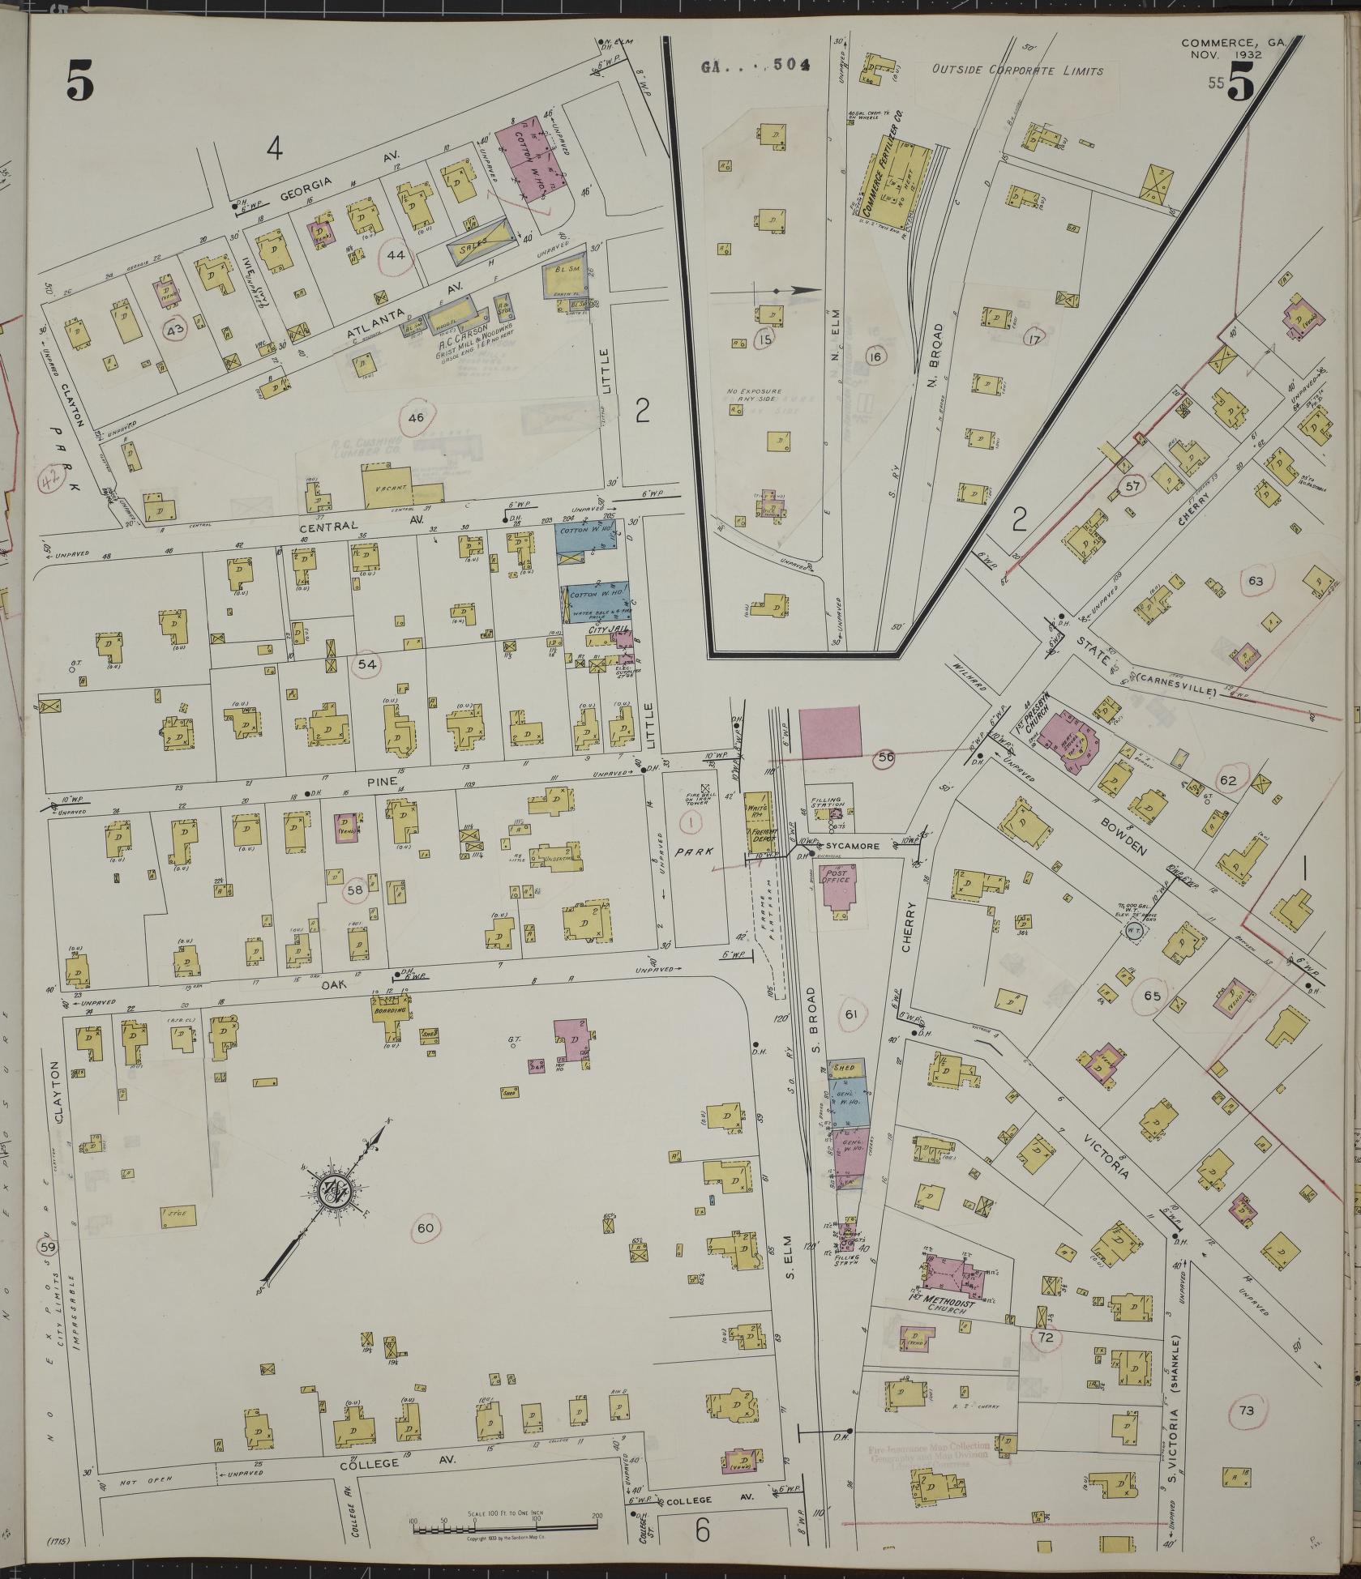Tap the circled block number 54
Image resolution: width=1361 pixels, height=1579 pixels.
[x=366, y=664]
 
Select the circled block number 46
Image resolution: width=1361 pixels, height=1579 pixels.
[x=416, y=417]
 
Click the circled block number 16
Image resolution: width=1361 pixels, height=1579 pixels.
[x=875, y=356]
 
